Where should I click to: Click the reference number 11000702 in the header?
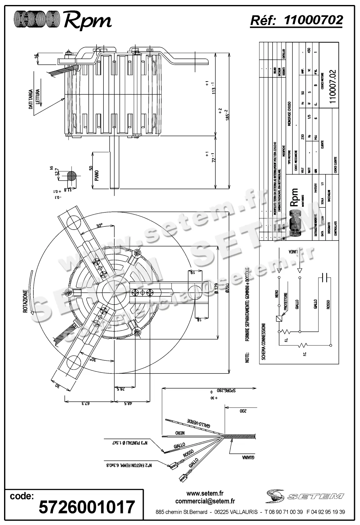[313, 20]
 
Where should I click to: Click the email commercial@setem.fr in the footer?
[205, 501]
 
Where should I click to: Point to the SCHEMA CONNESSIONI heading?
[263, 342]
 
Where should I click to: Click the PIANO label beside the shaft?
[97, 176]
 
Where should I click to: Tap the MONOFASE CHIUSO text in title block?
[289, 114]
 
